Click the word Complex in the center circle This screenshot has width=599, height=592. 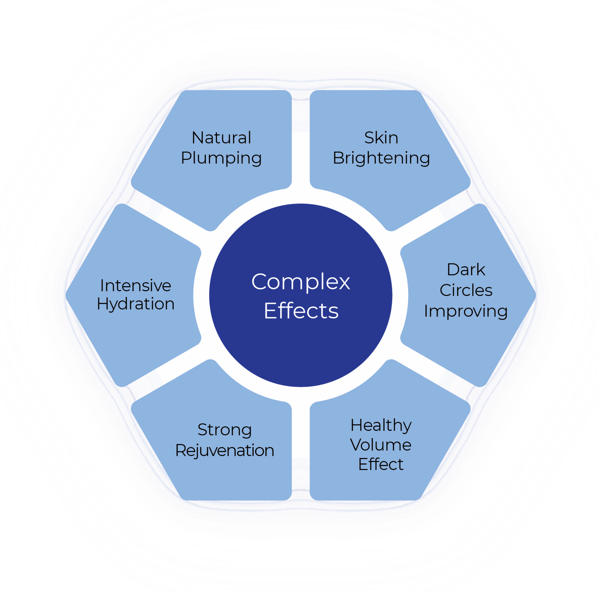click(x=300, y=282)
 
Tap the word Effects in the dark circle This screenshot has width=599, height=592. click(x=301, y=311)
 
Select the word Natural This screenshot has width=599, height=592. click(x=221, y=138)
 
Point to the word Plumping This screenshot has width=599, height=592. click(x=221, y=158)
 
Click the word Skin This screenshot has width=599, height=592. click(x=381, y=138)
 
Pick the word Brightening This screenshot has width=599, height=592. click(x=381, y=158)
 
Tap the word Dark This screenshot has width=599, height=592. click(x=466, y=269)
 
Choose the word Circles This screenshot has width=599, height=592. click(x=466, y=290)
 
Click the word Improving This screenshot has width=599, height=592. click(x=466, y=311)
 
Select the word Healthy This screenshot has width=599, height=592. click(x=381, y=425)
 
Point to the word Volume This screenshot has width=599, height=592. click(x=381, y=445)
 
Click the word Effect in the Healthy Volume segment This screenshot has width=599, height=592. click(x=381, y=464)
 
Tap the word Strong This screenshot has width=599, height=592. click(x=224, y=430)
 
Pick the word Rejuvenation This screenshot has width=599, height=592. click(x=224, y=451)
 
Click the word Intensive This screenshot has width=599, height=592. click(x=136, y=286)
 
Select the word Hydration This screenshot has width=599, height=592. click(x=136, y=304)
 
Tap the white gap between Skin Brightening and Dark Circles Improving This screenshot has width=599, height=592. click(x=434, y=217)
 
